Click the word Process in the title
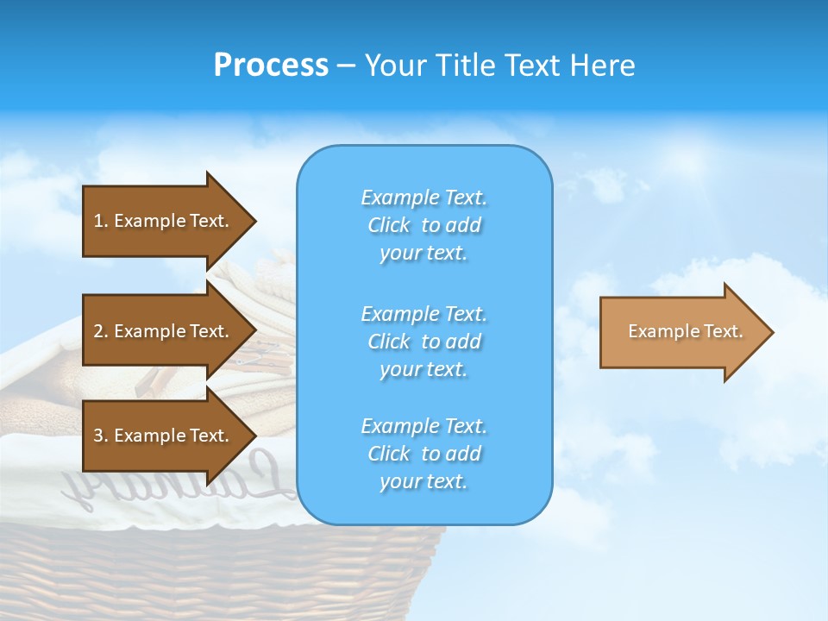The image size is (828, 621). [x=271, y=65]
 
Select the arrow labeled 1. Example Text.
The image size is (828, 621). [x=164, y=221]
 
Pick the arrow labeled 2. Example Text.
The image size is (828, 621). [x=164, y=331]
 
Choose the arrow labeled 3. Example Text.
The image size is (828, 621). [x=164, y=436]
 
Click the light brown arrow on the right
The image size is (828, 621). [x=681, y=332]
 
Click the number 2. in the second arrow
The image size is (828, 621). [x=100, y=331]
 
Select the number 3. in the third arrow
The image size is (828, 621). [x=100, y=436]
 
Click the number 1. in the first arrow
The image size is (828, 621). [x=100, y=221]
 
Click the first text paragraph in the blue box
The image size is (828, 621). [x=423, y=225]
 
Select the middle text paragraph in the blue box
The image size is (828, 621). [x=423, y=342]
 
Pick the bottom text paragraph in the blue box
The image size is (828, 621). [x=423, y=454]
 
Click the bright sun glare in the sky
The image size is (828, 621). [x=690, y=160]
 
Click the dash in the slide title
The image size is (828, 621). [x=346, y=66]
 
